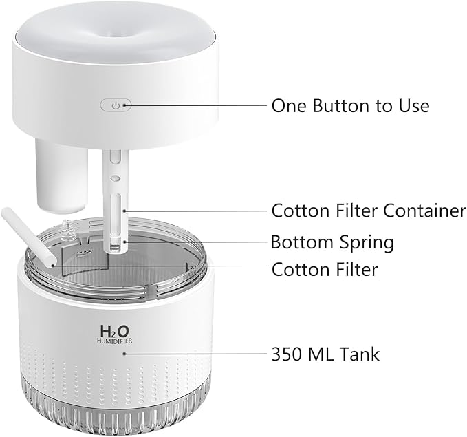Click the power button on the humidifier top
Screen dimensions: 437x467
pyautogui.click(x=116, y=105)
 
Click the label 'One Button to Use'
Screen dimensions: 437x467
pyautogui.click(x=350, y=105)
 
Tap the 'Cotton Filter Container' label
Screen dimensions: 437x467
pyautogui.click(x=368, y=210)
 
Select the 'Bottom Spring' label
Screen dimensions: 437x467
pyautogui.click(x=332, y=242)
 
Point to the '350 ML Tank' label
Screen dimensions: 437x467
pyautogui.click(x=325, y=354)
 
